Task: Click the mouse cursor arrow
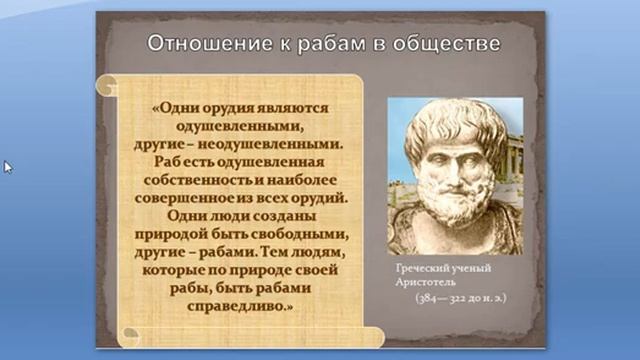click(7, 166)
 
